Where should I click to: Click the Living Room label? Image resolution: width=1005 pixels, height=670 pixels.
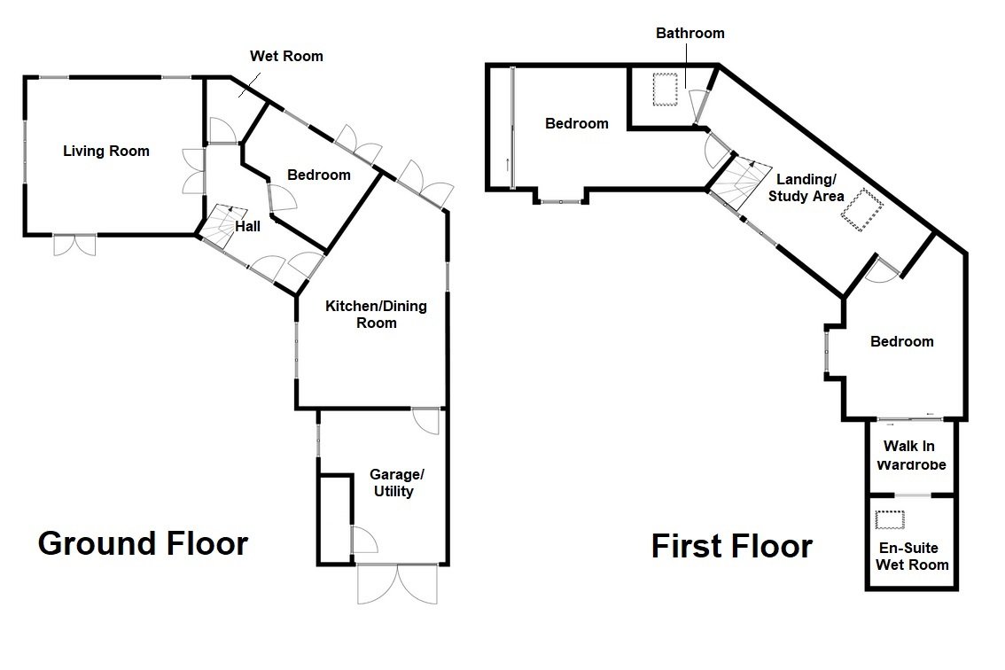tap(105, 151)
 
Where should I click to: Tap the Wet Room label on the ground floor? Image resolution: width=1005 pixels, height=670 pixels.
tap(285, 57)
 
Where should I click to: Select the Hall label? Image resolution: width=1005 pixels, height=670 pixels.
tap(247, 227)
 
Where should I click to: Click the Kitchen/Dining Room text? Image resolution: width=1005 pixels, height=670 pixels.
tap(376, 315)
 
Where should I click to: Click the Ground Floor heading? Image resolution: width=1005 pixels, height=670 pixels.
tap(143, 542)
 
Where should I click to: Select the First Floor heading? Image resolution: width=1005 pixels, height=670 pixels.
tap(731, 546)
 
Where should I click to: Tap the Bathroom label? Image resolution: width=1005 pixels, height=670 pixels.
tap(689, 34)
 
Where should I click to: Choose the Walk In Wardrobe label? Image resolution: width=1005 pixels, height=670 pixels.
tap(912, 456)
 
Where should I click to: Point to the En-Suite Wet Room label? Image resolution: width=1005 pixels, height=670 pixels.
tap(912, 556)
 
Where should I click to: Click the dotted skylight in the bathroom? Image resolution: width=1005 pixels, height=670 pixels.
tap(666, 90)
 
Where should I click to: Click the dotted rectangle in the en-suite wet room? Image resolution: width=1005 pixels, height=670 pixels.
tap(889, 520)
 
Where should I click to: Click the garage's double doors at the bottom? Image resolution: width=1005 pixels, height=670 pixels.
tap(397, 584)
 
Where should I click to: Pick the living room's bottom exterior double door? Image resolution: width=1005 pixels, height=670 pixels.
tap(74, 244)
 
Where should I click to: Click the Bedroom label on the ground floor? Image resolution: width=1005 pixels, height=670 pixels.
tap(318, 175)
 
